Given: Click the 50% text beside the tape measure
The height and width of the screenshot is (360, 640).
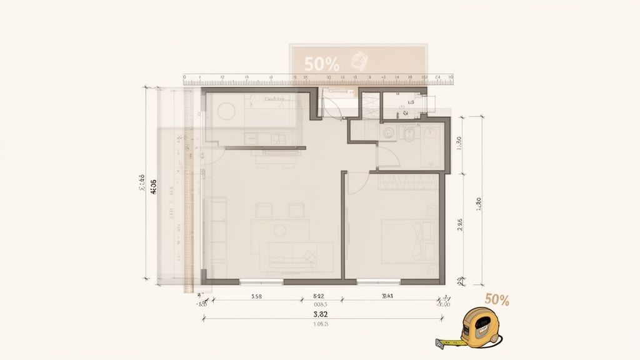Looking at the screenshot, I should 496,300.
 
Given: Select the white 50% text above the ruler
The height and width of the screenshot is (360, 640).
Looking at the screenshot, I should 322,63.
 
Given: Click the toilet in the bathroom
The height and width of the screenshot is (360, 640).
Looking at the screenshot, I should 410,133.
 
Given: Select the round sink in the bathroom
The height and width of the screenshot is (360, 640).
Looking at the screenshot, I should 388,132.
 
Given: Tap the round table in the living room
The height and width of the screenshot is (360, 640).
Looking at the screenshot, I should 279,230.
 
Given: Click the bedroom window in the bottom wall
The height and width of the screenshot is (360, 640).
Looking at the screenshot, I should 378,282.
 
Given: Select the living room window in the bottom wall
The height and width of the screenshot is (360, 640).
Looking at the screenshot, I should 261,282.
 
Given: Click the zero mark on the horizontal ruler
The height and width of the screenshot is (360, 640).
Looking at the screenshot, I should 186,80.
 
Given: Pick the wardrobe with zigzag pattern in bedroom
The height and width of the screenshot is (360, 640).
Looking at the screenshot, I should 408,182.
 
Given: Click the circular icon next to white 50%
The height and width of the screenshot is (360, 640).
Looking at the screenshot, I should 359,61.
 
